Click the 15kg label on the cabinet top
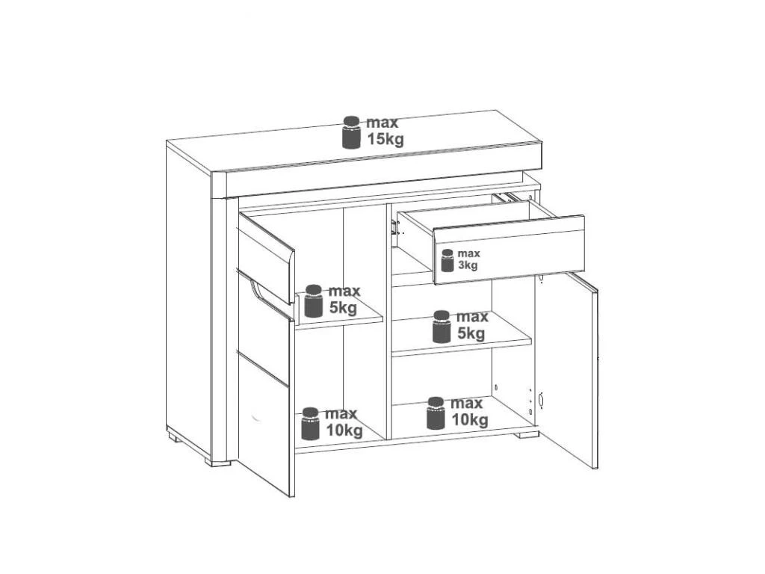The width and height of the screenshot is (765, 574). coord(385,140)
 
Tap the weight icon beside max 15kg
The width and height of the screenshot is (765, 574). coord(351,132)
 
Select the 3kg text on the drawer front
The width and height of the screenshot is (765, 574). coord(468,265)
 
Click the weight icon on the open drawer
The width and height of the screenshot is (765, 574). coord(447,260)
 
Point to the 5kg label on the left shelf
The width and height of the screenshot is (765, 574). coord(343,308)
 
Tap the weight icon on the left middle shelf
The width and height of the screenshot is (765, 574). coord(313,301)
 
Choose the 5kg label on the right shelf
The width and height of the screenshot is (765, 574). coord(471,334)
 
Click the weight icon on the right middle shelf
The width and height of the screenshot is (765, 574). coord(442,327)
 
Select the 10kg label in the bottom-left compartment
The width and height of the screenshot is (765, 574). coord(344,430)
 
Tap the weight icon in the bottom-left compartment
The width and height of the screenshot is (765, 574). coord(310,423)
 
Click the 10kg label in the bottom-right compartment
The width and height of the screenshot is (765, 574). coord(470,420)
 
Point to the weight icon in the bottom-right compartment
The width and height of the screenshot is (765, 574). coord(436,413)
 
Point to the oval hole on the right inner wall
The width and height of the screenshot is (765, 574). coord(541,399)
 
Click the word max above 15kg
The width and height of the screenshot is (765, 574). coord(382,123)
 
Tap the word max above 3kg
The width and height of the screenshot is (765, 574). coord(469,254)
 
